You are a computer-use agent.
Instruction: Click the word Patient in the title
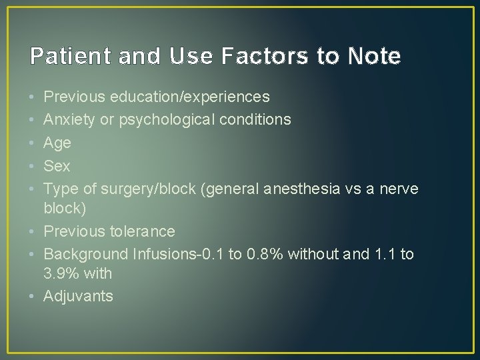[x=63, y=56]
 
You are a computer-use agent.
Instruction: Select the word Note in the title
[x=373, y=56]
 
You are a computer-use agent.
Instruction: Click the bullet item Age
[x=57, y=143]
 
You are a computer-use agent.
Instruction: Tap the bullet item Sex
[x=57, y=165]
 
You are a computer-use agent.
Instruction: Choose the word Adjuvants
[x=78, y=296]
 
